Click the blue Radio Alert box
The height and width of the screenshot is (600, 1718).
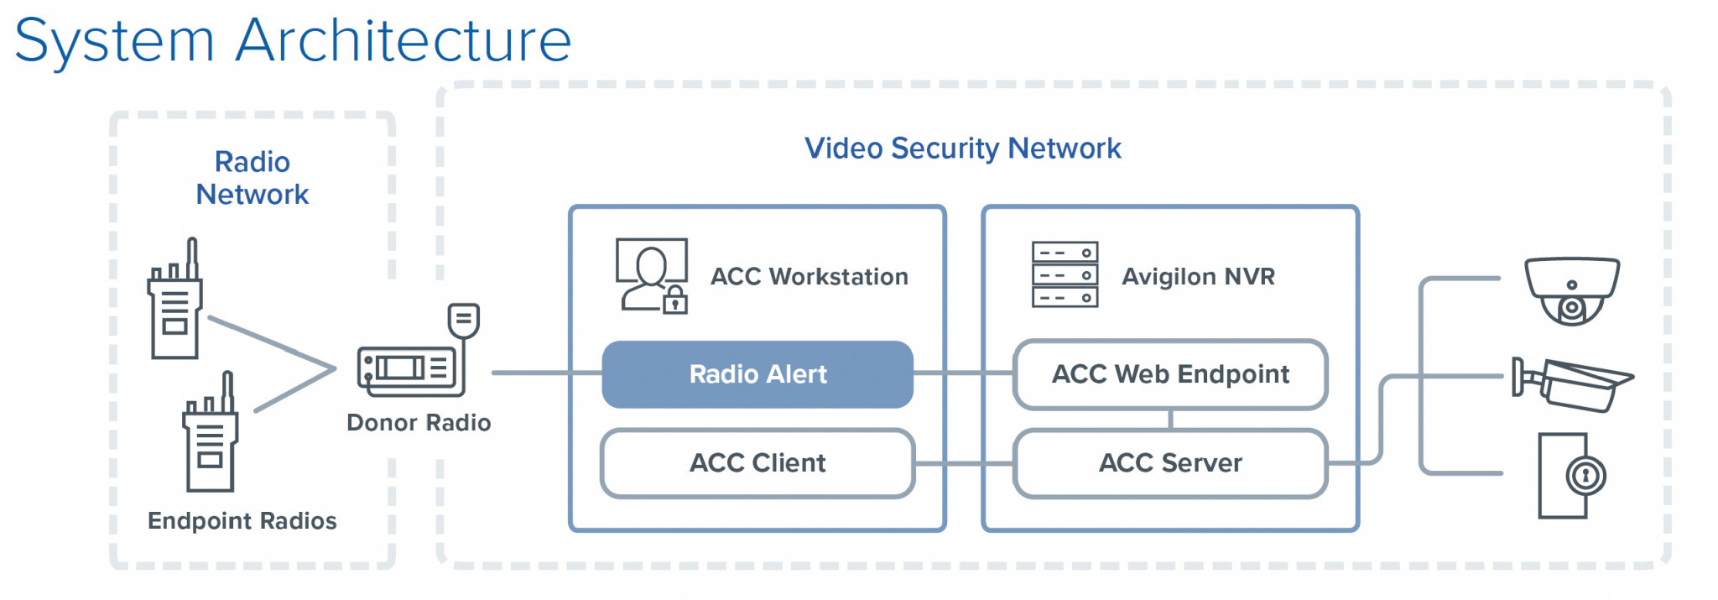757,374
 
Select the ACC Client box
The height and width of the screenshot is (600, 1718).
757,463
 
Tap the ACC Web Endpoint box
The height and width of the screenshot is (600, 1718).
1170,374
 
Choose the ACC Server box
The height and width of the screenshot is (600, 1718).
1170,463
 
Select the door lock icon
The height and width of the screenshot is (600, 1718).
1570,476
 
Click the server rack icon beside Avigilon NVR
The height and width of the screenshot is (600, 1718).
1065,275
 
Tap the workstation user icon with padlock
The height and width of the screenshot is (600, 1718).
652,276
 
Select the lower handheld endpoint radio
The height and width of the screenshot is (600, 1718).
211,436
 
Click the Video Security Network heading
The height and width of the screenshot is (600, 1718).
962,149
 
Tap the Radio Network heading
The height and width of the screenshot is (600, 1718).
252,178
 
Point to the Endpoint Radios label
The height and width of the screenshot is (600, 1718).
242,521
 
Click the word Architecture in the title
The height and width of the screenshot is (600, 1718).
403,40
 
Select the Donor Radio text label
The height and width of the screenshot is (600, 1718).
419,422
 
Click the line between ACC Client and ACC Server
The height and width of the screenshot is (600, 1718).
965,463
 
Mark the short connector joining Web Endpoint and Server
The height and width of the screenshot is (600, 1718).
1170,420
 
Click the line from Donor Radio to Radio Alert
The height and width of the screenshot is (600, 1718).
545,373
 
